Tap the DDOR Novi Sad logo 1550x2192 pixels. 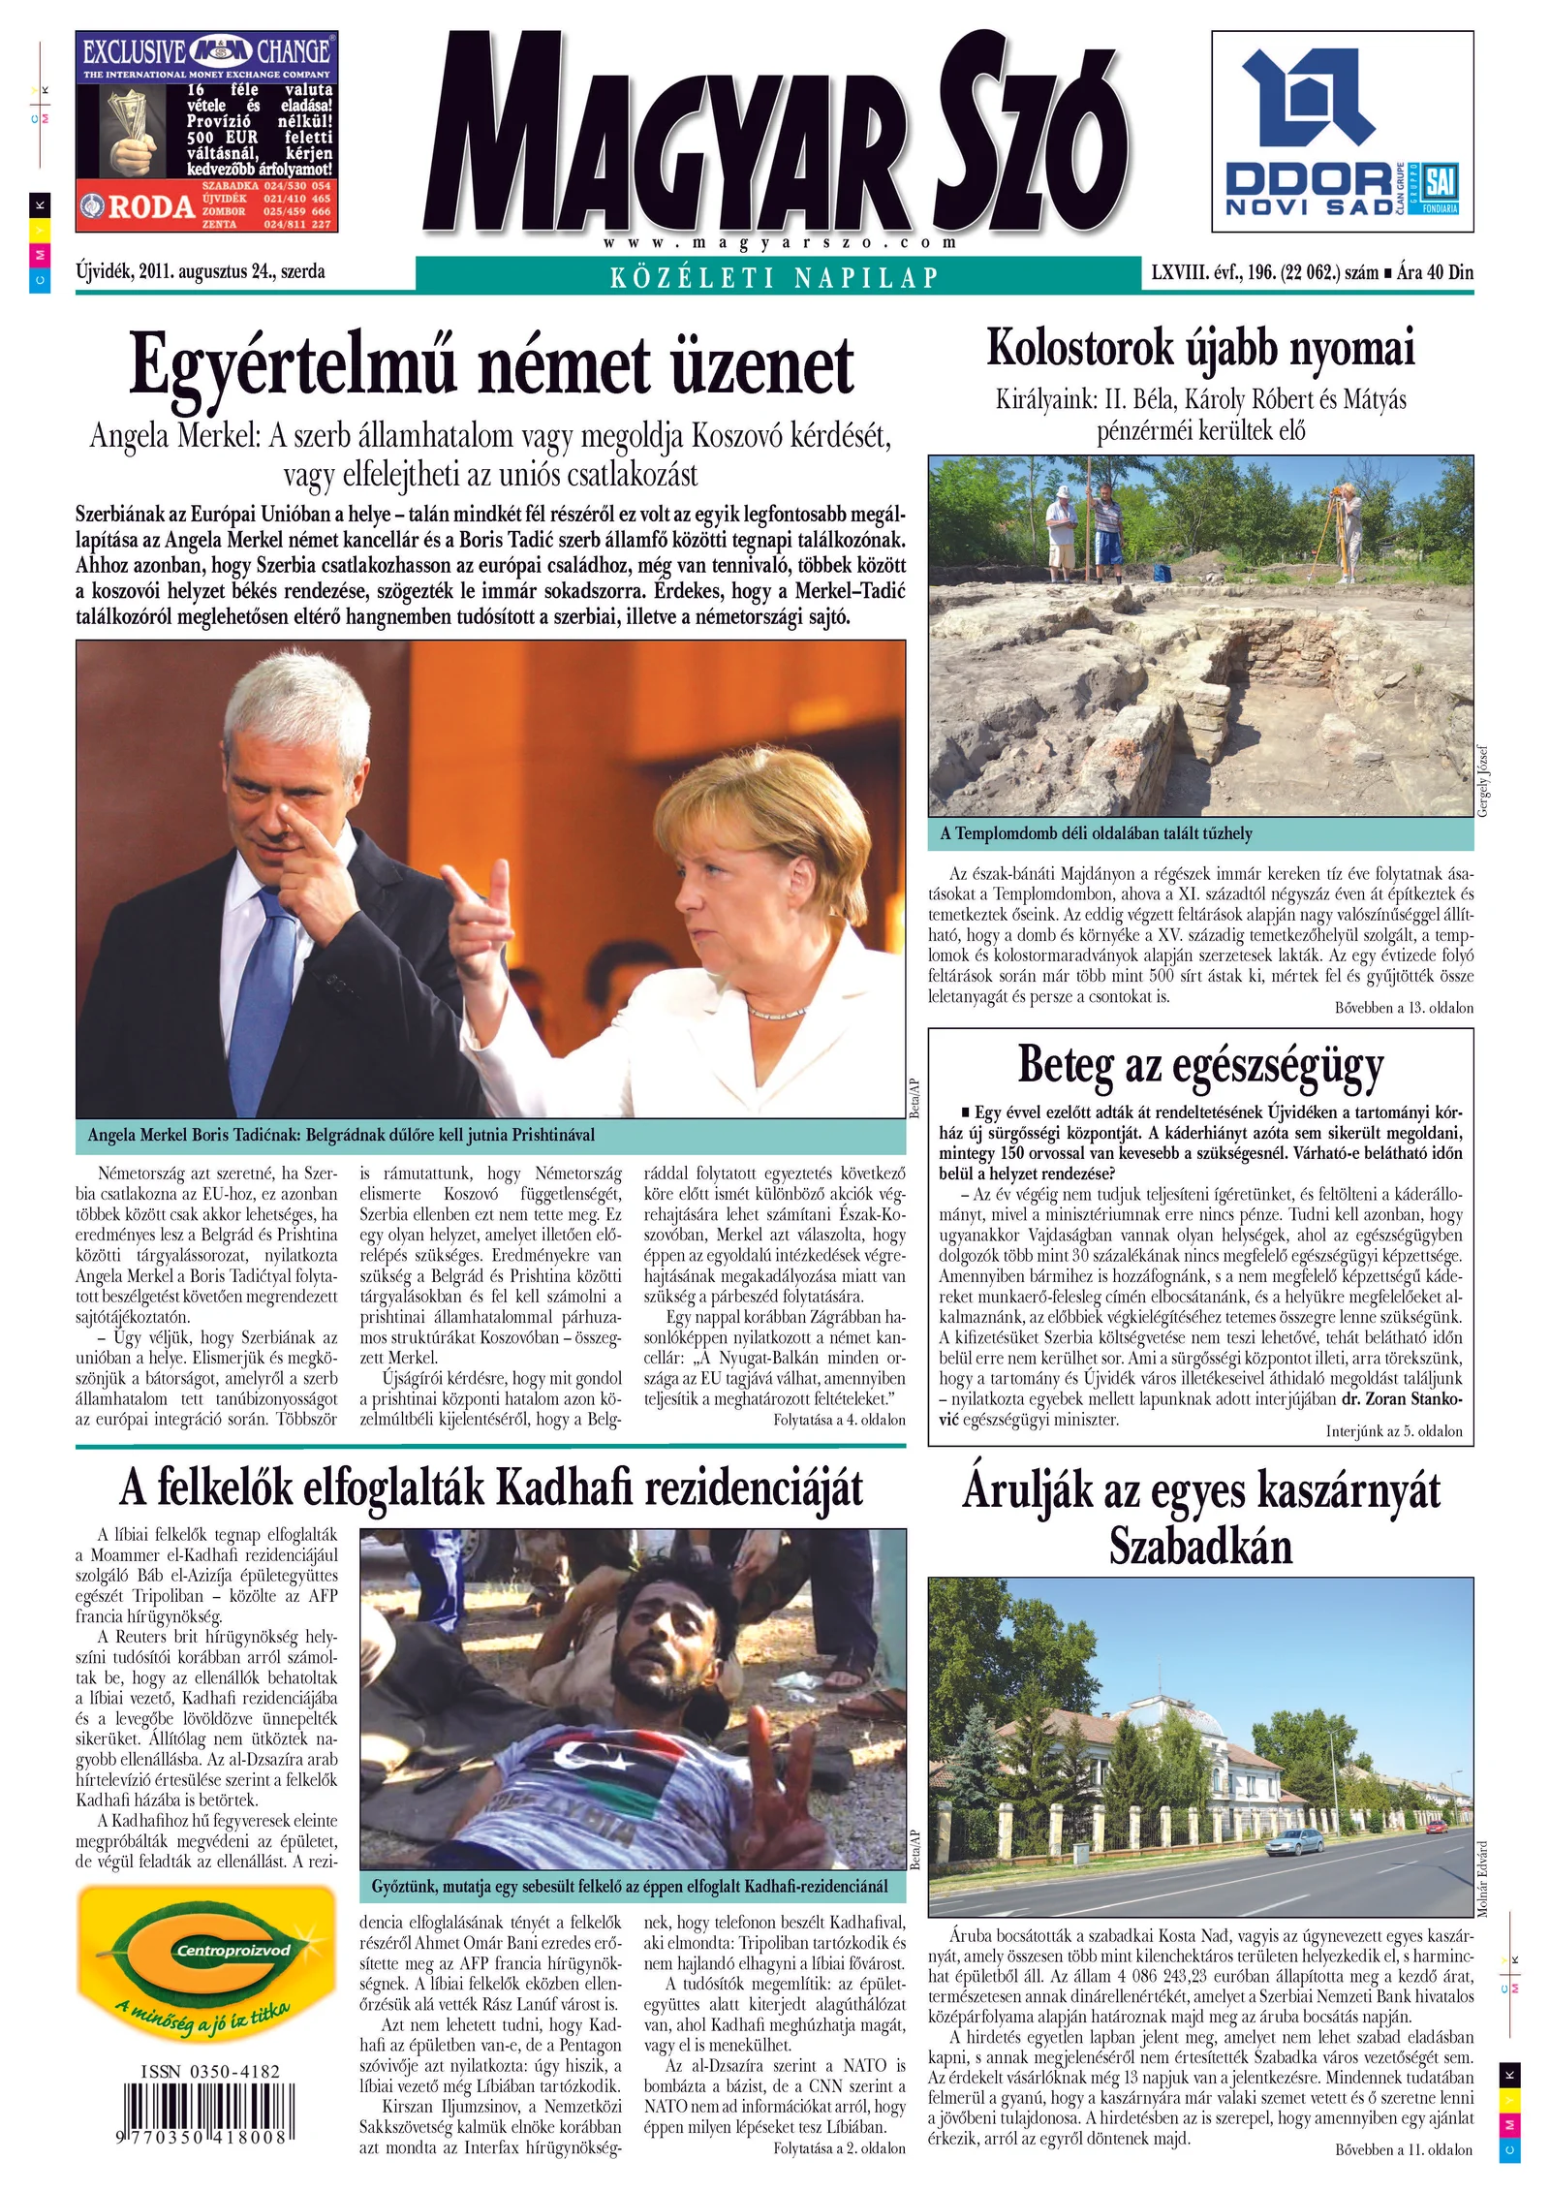[x=1342, y=131]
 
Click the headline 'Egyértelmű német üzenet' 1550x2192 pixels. [x=491, y=365]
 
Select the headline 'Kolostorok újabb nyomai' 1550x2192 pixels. [x=1200, y=348]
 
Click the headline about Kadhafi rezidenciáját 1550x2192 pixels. [x=491, y=1488]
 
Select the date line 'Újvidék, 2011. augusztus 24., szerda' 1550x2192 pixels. [x=201, y=272]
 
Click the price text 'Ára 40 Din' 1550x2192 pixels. [x=1435, y=273]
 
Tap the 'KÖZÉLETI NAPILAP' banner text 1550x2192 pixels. [x=774, y=279]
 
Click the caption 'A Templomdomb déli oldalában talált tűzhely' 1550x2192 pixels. [x=1096, y=833]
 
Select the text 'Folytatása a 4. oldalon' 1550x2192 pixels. [x=839, y=1420]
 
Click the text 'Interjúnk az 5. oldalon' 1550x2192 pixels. [x=1393, y=1431]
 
